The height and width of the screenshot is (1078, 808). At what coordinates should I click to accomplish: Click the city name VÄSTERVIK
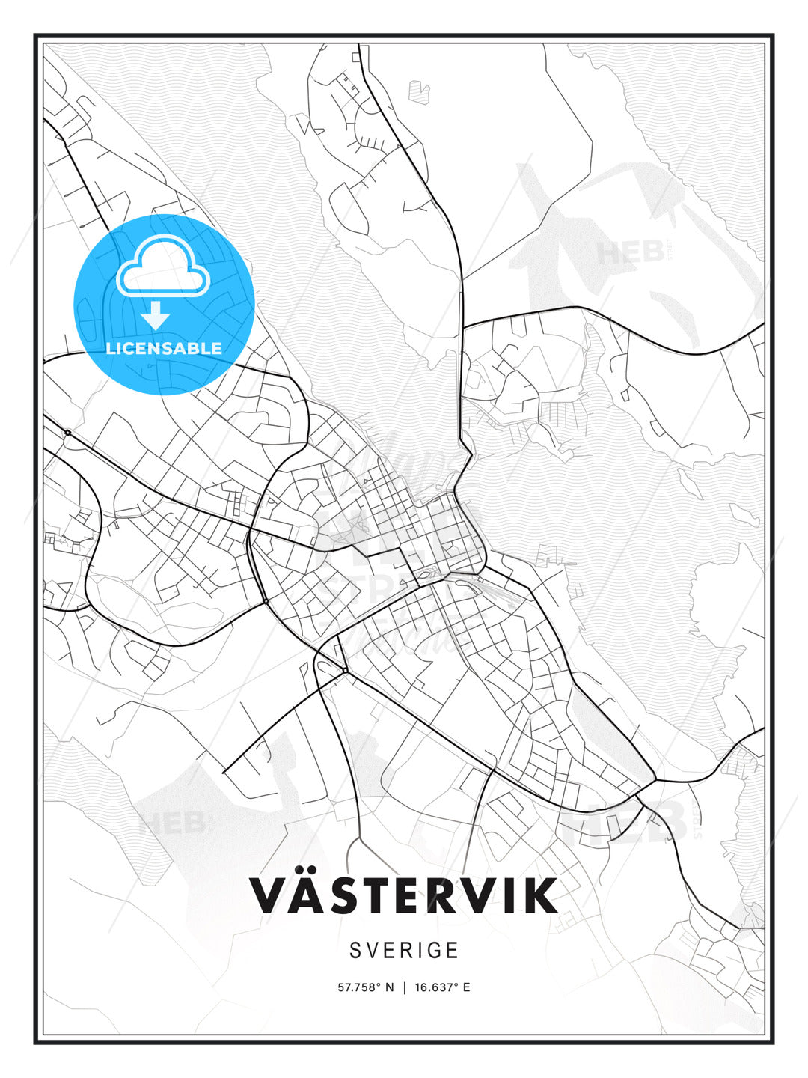point(403,895)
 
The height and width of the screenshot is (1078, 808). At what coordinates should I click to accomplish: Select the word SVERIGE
point(404,951)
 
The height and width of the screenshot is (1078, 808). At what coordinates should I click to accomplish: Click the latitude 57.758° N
point(365,987)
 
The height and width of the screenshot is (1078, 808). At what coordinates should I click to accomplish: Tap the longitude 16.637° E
point(442,987)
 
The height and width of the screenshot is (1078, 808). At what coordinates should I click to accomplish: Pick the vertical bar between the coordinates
point(405,987)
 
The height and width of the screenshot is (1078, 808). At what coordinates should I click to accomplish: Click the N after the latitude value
point(389,987)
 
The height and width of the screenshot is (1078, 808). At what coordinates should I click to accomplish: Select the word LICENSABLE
point(164,348)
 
